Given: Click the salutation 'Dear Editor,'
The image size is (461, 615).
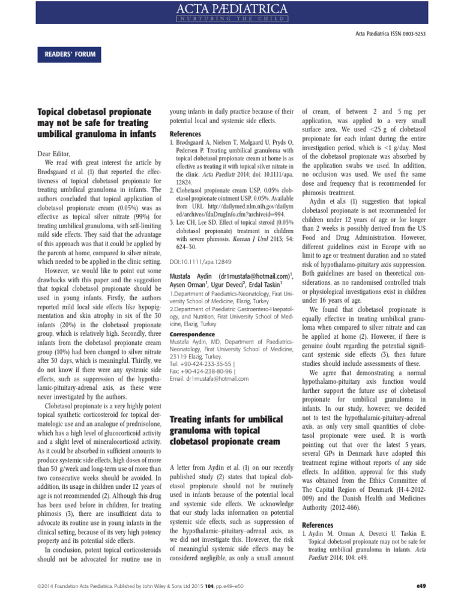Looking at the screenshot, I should tap(53, 154).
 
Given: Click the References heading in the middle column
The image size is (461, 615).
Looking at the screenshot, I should tap(185, 133).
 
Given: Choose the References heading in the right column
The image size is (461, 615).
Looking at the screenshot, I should tap(318, 524).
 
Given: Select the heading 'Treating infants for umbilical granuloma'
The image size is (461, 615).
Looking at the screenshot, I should tap(226, 429).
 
